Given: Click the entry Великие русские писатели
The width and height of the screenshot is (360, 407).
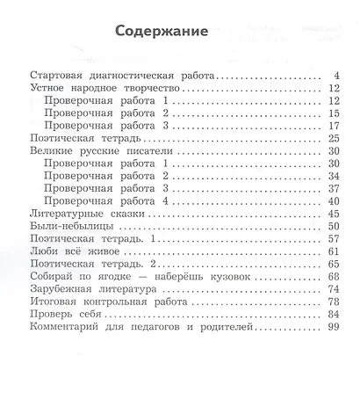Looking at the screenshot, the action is click(x=93, y=151).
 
